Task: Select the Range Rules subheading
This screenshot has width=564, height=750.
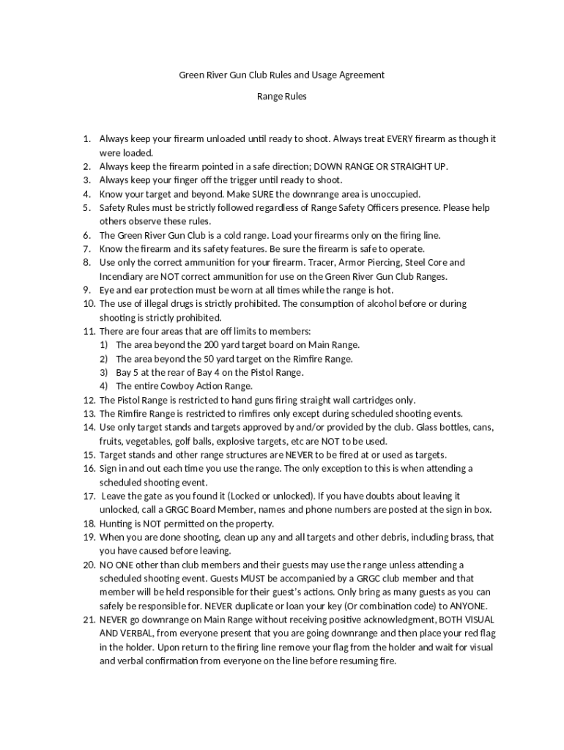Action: pyautogui.click(x=281, y=96)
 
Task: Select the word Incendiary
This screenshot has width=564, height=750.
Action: pyautogui.click(x=122, y=276)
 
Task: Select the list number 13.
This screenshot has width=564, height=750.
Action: pyautogui.click(x=89, y=414)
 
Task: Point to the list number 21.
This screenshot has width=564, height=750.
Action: pyautogui.click(x=89, y=620)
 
